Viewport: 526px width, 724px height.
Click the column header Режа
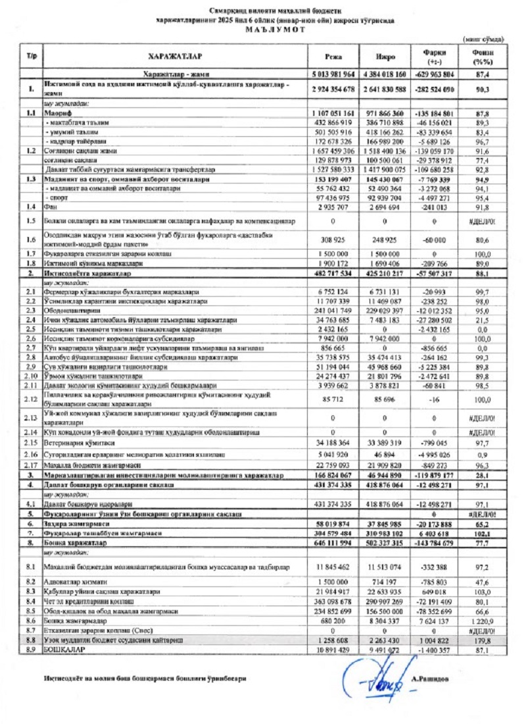click(x=333, y=57)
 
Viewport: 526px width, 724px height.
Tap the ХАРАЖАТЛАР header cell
click(x=174, y=57)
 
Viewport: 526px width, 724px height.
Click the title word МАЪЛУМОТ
click(x=275, y=30)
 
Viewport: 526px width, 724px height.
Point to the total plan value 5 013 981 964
click(x=333, y=74)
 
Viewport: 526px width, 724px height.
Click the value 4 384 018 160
click(x=384, y=74)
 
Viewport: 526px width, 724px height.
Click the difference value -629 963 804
click(x=437, y=74)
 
